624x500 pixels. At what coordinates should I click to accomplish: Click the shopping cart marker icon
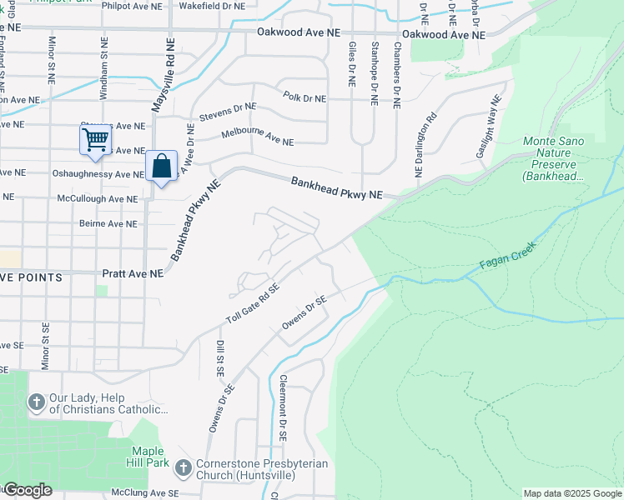(95, 140)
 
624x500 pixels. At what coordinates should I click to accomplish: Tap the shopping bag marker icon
(161, 166)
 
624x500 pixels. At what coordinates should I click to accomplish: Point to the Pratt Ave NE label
(133, 273)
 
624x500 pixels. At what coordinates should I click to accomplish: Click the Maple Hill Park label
(155, 457)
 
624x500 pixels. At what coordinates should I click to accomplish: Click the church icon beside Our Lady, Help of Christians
(36, 402)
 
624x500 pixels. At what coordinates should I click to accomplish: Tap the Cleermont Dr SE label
(283, 408)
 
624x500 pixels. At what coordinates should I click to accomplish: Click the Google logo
(28, 490)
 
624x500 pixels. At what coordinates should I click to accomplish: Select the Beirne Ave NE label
(108, 223)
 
